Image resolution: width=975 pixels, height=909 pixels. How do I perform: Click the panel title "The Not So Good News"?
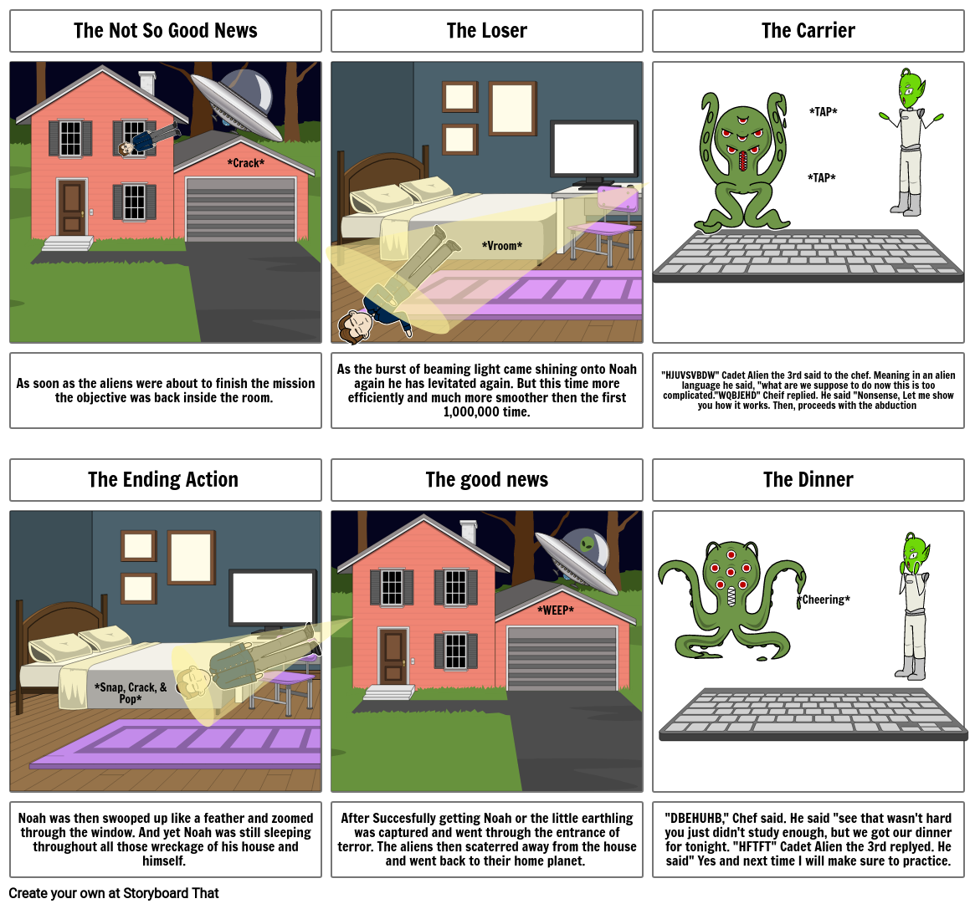coord(165,31)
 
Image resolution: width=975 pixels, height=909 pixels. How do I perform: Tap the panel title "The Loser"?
coord(486,31)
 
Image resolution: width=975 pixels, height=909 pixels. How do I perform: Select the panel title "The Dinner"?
coord(808,480)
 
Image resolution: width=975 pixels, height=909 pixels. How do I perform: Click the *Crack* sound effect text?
coord(246,163)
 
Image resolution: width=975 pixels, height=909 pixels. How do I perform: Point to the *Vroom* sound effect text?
coord(502,246)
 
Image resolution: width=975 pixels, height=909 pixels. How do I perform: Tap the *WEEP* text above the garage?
coord(556,610)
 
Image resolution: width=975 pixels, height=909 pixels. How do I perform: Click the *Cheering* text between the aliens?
coord(824,600)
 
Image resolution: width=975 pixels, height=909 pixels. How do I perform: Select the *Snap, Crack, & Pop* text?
coord(131,693)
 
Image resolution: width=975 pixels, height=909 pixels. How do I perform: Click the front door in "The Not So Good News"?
coord(72,207)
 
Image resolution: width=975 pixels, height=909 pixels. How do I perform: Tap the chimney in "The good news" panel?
coord(469,532)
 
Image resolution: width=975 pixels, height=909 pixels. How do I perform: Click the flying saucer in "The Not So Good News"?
coord(235,106)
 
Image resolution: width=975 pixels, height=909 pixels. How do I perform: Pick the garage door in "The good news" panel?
coord(562,658)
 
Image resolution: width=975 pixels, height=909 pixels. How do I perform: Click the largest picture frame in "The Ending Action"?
coord(192,558)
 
